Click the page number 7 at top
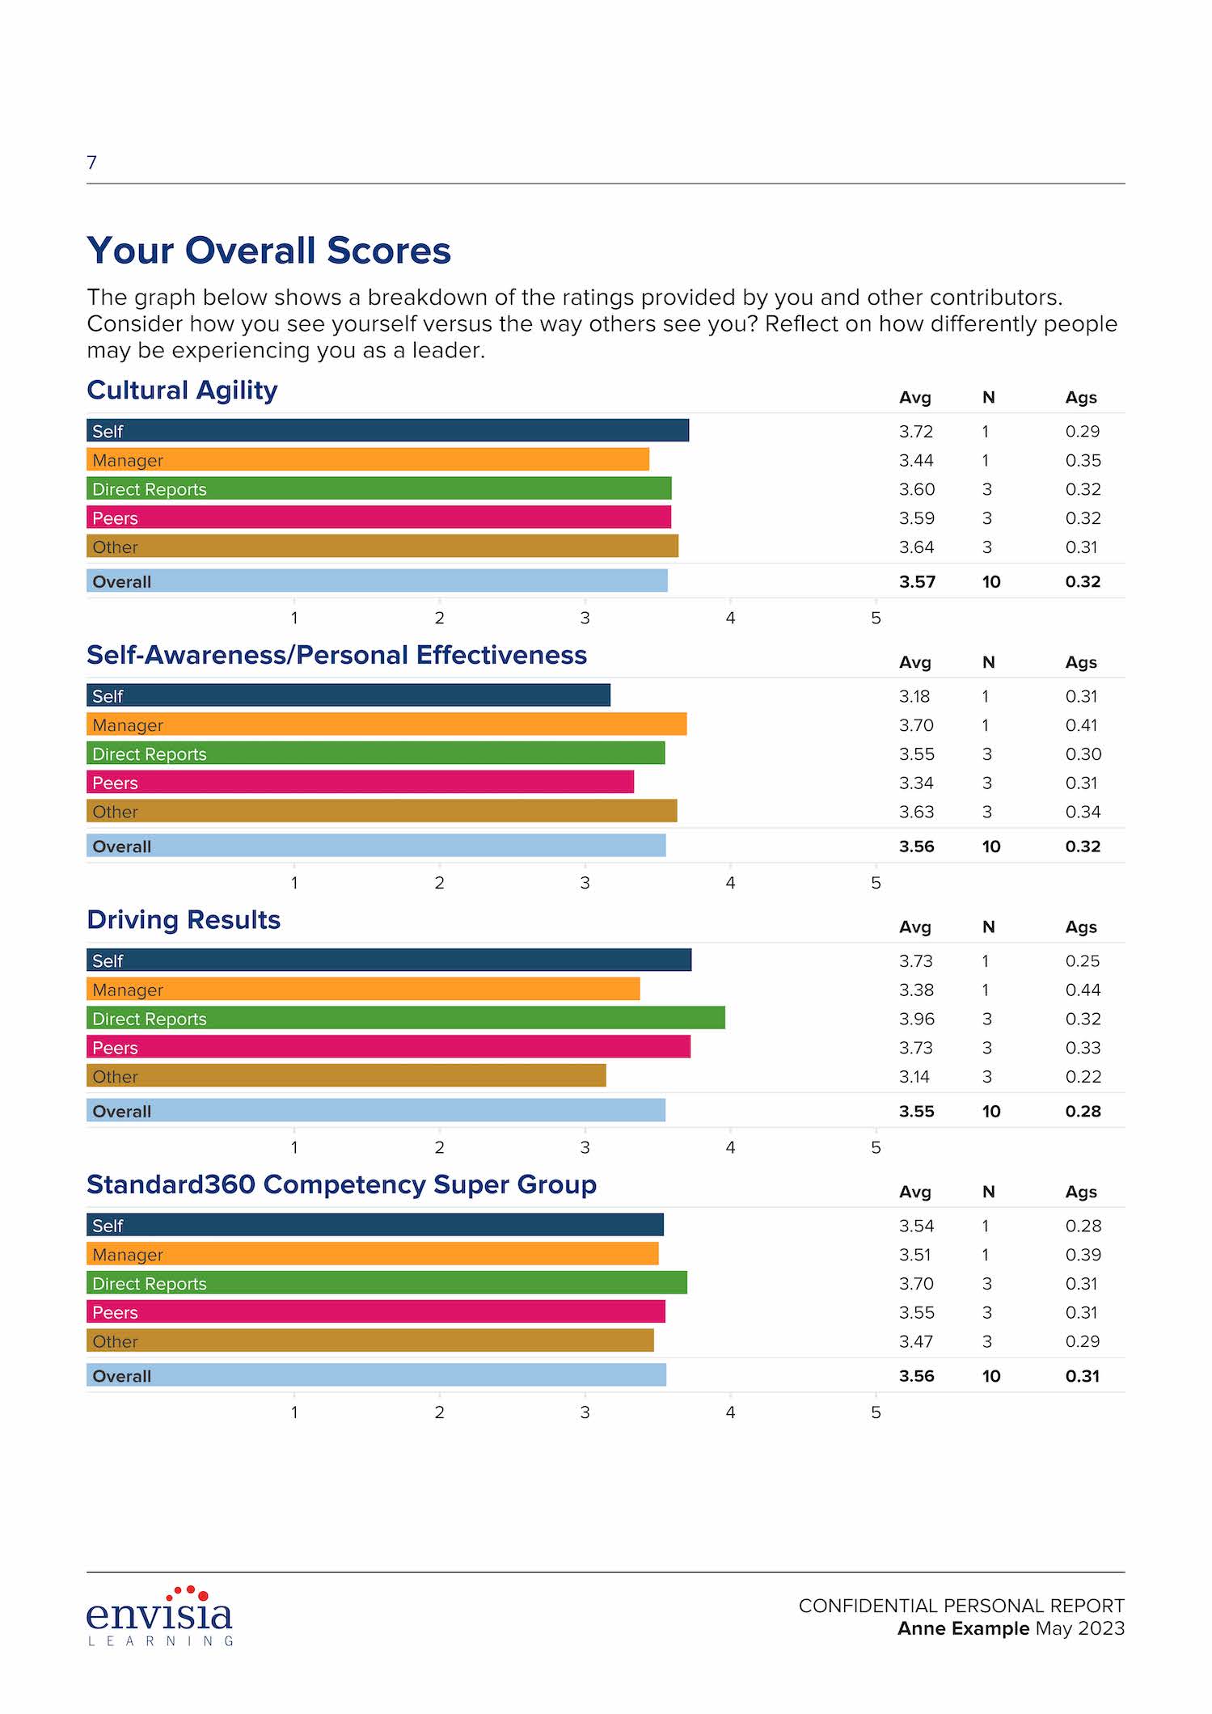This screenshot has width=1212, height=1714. coord(91,163)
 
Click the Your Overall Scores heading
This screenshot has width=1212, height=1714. coord(268,251)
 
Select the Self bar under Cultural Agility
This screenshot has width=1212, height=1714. coord(387,430)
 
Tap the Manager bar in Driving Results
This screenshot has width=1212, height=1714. coord(363,989)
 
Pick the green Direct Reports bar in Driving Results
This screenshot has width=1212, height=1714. coord(405,1018)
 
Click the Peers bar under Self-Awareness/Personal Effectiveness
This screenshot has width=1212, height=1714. coord(360,782)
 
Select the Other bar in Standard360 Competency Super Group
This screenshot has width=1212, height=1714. coord(370,1340)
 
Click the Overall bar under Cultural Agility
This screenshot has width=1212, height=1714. coord(377,580)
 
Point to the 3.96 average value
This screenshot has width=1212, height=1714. coord(916,1019)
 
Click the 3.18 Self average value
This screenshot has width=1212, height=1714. coord(914,696)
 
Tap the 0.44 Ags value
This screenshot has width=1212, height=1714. coord(1083,990)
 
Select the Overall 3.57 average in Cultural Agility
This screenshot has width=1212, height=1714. coord(917,581)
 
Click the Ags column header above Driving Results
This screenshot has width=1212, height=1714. coord(1081,927)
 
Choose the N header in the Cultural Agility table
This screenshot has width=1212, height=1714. coord(988,398)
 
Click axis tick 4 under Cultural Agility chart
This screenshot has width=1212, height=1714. coord(730,618)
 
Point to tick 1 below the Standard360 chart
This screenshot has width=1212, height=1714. coord(294,1412)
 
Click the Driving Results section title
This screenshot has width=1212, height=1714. coord(184,920)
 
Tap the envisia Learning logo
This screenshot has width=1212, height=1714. coord(160,1617)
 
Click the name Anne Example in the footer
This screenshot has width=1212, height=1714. coord(963,1628)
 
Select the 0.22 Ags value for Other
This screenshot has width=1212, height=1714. coord(1083,1076)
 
